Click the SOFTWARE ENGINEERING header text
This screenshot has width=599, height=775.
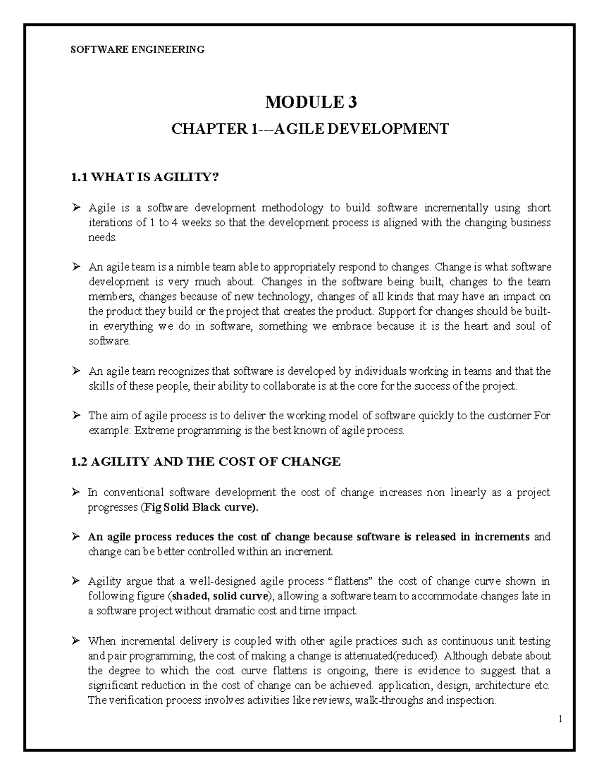click(137, 49)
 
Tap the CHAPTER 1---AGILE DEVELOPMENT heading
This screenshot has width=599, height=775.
click(310, 129)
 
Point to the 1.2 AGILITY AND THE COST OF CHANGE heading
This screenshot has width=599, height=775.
click(206, 462)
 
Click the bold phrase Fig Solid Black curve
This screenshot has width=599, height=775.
click(201, 508)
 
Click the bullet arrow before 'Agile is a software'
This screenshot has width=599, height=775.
click(76, 208)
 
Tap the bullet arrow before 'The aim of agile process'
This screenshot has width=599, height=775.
click(76, 415)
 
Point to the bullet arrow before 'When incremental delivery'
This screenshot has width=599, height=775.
click(76, 641)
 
